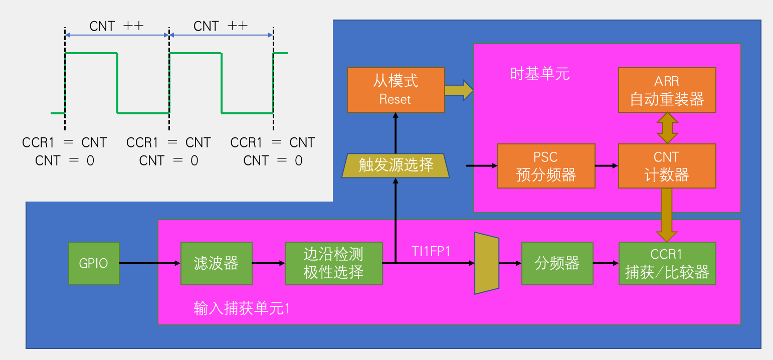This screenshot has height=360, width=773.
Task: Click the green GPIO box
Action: pos(94,263)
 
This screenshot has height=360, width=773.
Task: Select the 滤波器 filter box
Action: pos(216,263)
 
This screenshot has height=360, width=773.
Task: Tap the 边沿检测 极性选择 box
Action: pos(333,263)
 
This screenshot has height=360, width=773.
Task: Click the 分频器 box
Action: pos(557,263)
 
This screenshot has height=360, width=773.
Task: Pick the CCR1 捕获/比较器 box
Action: pos(667,263)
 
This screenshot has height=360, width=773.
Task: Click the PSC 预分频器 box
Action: pos(546,166)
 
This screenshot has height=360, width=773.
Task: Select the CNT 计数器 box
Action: pos(667,166)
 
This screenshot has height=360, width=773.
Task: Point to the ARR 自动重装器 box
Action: pos(667,90)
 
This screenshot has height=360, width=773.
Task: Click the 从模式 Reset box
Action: pos(396,90)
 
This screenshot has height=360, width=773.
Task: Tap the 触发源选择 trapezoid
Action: pos(396,165)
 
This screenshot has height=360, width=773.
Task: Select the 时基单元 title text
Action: pos(540,74)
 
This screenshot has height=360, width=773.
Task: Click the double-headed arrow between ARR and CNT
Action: pos(667,128)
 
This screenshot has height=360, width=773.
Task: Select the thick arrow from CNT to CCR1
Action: pos(667,215)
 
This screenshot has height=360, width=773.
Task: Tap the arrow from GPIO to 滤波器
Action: pos(150,263)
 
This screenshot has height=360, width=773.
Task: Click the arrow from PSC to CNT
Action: pos(607,165)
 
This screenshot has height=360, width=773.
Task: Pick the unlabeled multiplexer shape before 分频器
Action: pos(486,263)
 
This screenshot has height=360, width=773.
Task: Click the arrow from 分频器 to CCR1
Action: pos(606,263)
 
